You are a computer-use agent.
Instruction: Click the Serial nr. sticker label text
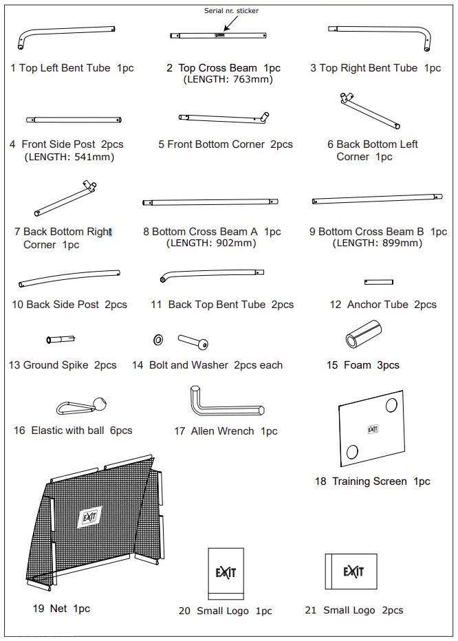click(231, 11)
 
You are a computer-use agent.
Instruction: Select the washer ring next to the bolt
click(158, 339)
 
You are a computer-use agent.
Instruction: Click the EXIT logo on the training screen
click(373, 429)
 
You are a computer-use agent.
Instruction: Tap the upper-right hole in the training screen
click(395, 404)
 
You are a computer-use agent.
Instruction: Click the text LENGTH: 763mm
click(228, 80)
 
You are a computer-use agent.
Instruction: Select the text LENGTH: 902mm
click(211, 243)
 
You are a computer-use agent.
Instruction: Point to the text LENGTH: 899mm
click(378, 243)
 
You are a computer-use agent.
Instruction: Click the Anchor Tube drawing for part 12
click(378, 282)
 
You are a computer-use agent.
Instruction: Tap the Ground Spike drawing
click(61, 339)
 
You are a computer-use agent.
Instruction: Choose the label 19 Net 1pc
click(61, 608)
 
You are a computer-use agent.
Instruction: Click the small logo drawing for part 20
click(226, 573)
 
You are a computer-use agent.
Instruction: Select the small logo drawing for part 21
click(351, 571)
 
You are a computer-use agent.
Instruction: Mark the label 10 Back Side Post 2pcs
click(69, 304)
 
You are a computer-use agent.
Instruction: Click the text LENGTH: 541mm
click(69, 157)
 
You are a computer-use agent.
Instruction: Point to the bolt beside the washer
click(193, 340)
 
